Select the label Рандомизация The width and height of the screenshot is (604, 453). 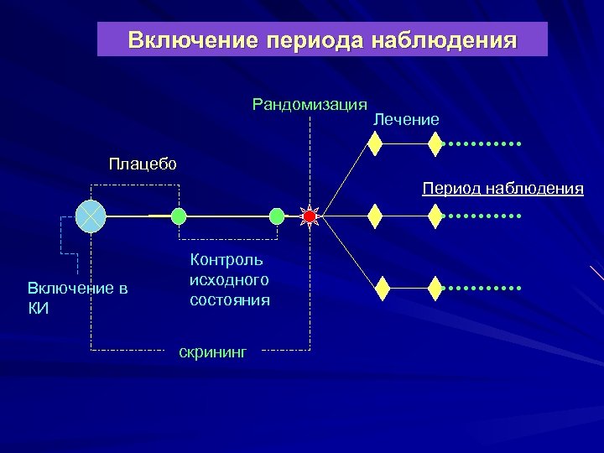310,105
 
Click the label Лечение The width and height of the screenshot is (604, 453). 406,120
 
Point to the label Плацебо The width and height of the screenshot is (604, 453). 143,163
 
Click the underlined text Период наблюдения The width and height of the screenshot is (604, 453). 502,188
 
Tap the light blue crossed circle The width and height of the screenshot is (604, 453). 89,216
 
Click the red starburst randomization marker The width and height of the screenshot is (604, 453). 310,216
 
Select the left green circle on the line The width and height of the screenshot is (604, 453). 179,216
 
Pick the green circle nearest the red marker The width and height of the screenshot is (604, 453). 277,216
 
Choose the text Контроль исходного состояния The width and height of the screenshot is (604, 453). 230,280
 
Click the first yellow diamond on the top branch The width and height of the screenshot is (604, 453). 376,144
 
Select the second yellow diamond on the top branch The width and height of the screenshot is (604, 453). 435,144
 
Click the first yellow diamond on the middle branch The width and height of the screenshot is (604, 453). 376,216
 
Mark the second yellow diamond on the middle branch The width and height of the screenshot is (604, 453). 435,216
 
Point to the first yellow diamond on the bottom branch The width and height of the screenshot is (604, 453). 383,288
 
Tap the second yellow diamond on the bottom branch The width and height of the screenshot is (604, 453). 435,288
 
